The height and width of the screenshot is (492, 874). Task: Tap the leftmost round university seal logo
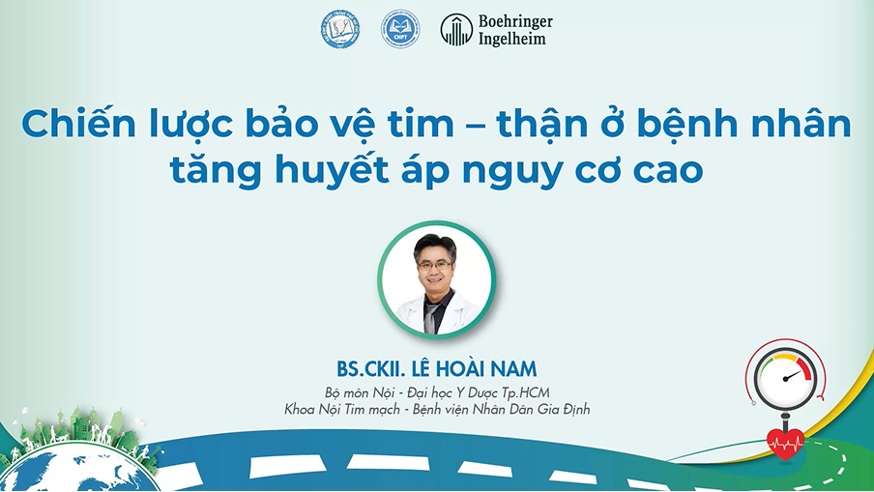[339, 29]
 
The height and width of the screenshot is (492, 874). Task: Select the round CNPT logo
[400, 29]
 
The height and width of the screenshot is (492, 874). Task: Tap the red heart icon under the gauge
[785, 444]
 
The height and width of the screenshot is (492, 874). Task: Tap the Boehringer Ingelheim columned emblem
[456, 30]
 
